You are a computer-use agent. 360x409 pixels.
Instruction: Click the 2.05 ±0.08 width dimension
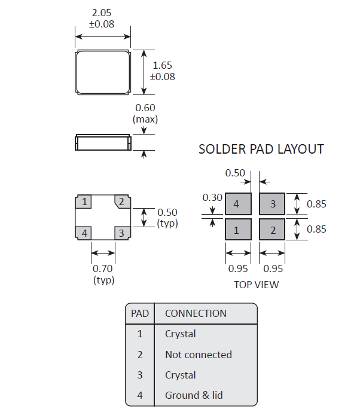pos(102,19)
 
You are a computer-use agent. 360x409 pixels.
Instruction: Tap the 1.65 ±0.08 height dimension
pos(163,71)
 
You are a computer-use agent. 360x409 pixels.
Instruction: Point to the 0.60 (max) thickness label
pos(145,113)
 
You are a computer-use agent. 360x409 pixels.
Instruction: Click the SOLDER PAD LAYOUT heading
pos(261,149)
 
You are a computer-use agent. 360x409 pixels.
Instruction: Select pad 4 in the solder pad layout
pos(237,204)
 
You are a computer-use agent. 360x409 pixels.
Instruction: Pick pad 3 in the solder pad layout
pos(273,204)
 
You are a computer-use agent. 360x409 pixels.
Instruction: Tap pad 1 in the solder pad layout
pos(237,230)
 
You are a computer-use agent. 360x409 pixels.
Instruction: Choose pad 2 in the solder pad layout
pos(273,230)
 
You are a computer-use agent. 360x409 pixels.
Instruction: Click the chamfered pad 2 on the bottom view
pos(121,202)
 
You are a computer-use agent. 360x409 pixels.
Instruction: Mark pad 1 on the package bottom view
pos(85,202)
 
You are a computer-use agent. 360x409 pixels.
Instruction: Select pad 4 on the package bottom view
pos(85,233)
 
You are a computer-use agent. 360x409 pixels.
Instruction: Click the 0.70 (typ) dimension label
pos(103,274)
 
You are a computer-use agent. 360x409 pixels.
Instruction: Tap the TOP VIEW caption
pos(256,285)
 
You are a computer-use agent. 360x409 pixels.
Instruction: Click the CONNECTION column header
pos(196,313)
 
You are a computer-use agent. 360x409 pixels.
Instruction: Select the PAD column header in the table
pos(140,313)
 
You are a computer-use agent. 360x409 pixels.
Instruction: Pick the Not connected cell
pos(198,355)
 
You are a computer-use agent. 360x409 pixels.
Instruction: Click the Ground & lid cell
pos(194,395)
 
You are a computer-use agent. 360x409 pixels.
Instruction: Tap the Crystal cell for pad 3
pos(180,375)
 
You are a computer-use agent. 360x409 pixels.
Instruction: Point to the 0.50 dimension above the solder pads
pos(235,173)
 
